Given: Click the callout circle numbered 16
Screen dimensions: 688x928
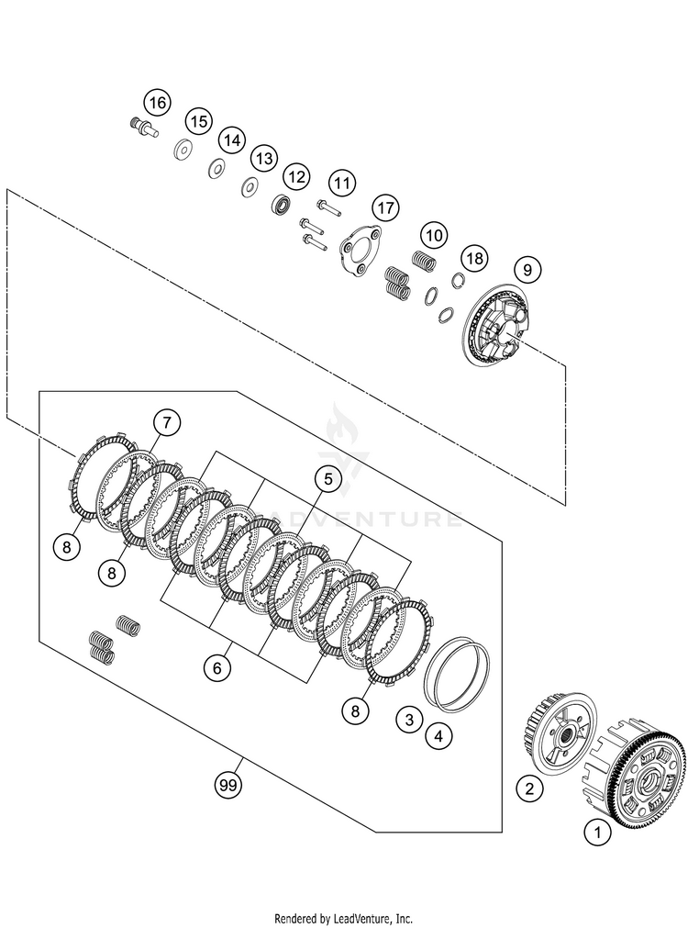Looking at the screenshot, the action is click(158, 102).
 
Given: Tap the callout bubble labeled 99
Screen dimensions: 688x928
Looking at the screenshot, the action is click(227, 785).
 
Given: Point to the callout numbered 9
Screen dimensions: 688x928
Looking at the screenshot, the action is click(527, 270).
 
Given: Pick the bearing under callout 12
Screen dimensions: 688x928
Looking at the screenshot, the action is click(280, 204).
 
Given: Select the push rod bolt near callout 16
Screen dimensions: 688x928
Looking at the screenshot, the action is click(144, 129).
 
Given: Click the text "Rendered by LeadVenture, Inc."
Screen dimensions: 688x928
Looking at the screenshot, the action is click(344, 918).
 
